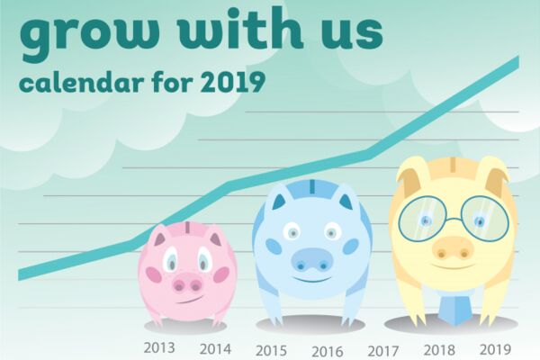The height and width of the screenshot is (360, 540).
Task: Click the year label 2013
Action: pos(159,348)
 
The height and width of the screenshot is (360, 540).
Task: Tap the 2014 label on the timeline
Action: pos(216,349)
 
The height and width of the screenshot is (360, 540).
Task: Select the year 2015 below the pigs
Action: pos(272,351)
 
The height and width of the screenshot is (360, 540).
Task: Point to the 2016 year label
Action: pos(328,352)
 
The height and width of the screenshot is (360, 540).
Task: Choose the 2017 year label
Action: pos(383,351)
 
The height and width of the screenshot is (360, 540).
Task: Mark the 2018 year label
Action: pos(439,350)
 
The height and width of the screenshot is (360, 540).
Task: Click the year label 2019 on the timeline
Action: pos(495,350)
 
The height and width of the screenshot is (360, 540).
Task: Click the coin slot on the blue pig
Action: pos(312,186)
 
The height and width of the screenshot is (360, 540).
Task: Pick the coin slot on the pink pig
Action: pos(188,228)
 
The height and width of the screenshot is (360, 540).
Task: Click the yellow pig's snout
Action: pos(452,248)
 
